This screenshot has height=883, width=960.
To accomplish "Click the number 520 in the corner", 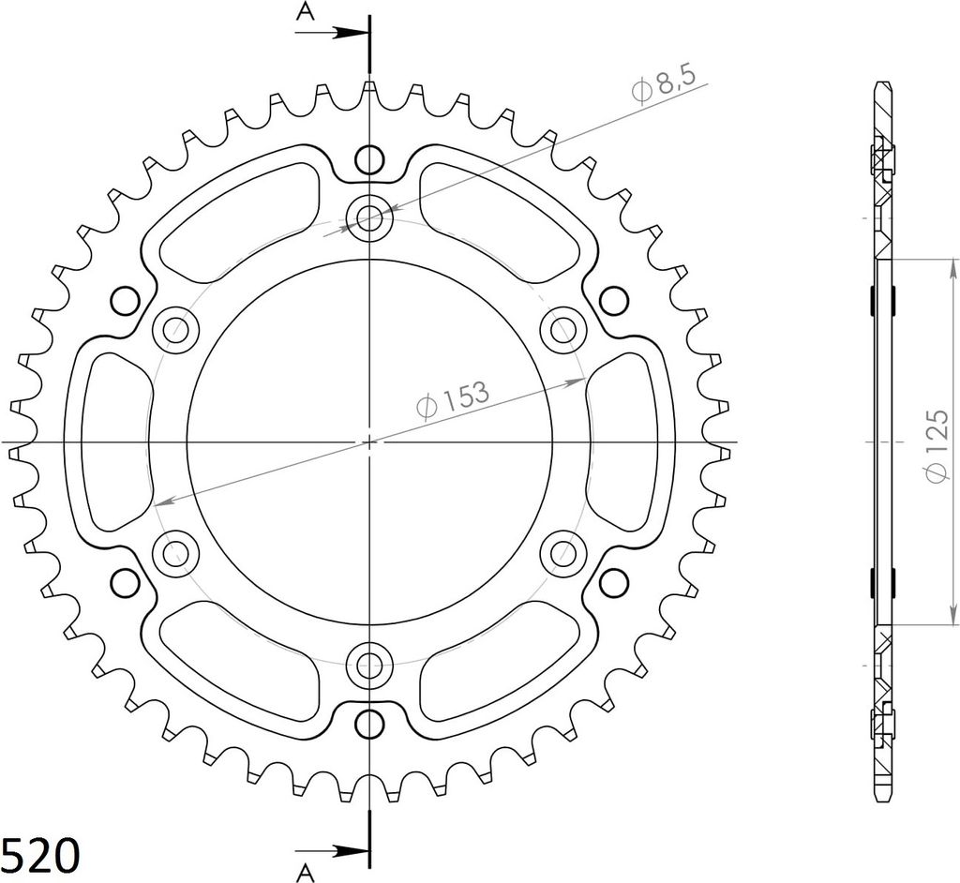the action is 40,855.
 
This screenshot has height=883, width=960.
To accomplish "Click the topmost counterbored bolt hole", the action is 369,217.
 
